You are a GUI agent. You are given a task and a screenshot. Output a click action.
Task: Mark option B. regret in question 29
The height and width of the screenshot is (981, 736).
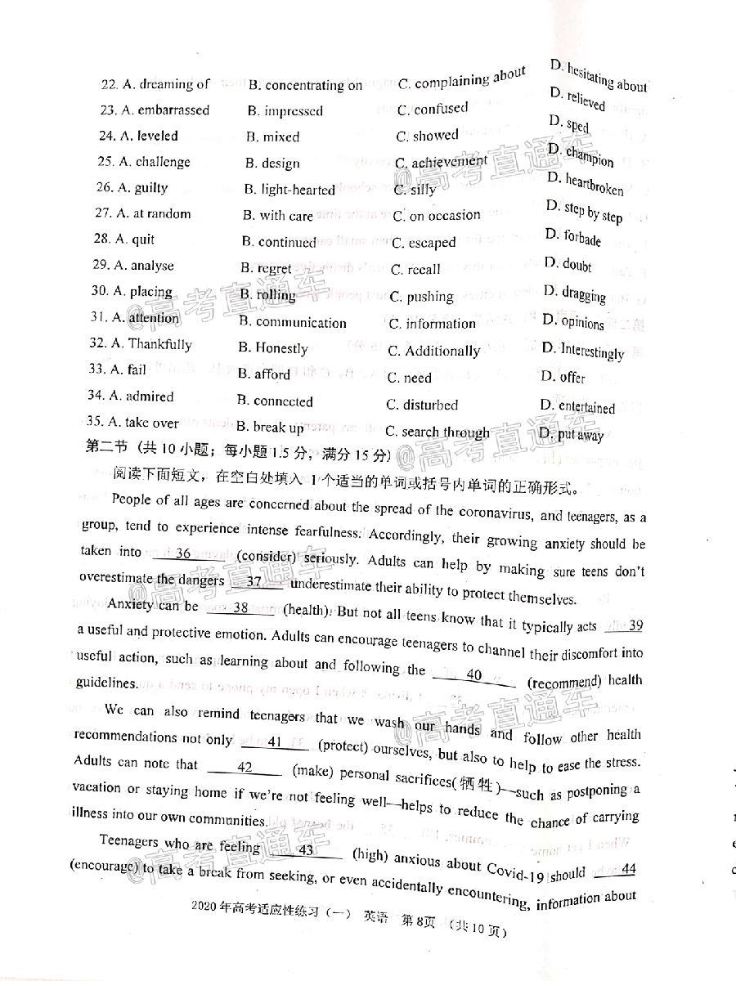click(x=266, y=268)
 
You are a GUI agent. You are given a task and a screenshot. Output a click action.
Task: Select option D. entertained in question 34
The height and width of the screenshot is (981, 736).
click(x=577, y=406)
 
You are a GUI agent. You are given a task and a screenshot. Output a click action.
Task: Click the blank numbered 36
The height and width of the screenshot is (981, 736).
click(x=183, y=553)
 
